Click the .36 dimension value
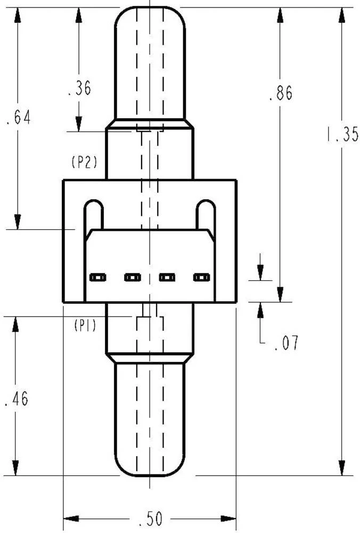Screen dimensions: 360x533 (x=80, y=88)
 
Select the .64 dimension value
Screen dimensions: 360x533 (x=19, y=117)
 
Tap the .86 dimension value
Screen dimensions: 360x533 (x=281, y=93)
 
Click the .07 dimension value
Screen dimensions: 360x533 (x=287, y=343)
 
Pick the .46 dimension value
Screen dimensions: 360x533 (x=17, y=398)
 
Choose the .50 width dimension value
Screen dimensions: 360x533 (x=151, y=519)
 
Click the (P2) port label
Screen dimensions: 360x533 (x=85, y=162)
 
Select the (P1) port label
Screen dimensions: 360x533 (x=85, y=326)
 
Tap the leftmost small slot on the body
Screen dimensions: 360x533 (x=98, y=278)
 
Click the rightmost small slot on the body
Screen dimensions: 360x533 (x=201, y=278)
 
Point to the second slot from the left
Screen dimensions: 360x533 (x=133, y=278)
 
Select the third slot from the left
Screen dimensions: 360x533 (x=167, y=278)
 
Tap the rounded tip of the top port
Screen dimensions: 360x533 (x=150, y=7)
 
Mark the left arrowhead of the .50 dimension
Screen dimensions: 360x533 (x=71, y=519)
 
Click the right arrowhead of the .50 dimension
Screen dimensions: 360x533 (x=228, y=519)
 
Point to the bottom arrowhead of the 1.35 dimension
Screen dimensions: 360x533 (x=342, y=468)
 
